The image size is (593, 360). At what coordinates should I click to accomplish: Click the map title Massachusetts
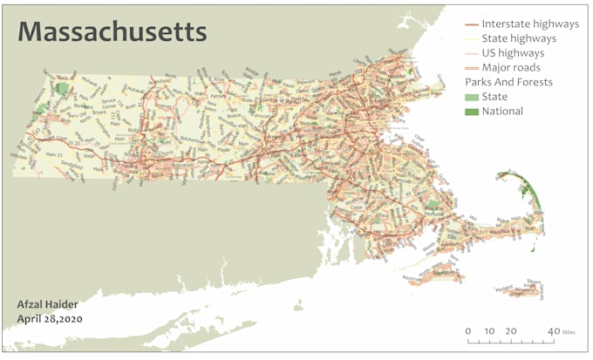tap(112, 32)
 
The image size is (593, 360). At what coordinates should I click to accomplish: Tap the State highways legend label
tap(518, 38)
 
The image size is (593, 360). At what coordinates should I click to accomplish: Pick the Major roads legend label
tap(510, 67)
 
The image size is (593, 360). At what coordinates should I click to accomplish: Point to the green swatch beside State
tap(471, 97)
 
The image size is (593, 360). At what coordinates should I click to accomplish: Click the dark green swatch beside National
tap(471, 112)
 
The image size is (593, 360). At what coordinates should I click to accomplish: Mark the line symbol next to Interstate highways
tap(471, 24)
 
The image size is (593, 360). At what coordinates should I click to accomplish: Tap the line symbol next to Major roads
tap(471, 67)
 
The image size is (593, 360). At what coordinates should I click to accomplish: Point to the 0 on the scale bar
tap(468, 331)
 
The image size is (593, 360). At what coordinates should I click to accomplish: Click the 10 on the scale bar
tap(489, 331)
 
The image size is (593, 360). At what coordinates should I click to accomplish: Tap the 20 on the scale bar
tap(511, 331)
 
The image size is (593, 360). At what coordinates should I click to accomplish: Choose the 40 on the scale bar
tap(553, 331)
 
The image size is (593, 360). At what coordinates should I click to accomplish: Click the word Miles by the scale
tap(569, 332)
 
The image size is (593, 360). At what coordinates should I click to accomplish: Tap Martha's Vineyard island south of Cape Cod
tap(445, 274)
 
